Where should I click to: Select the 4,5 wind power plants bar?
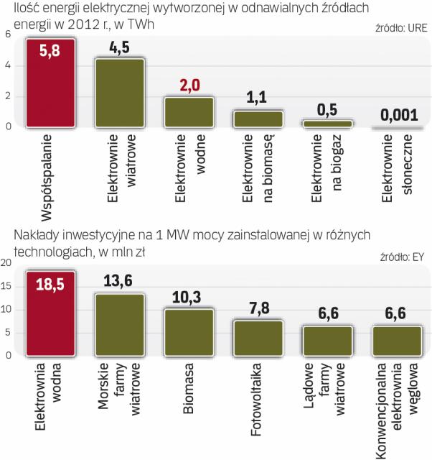pos(120,93)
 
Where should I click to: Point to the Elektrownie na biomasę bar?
pos(258,119)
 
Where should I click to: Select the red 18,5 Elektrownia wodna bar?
pos(51,313)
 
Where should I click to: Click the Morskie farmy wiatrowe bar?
pos(120,324)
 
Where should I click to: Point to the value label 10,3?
pos(188,297)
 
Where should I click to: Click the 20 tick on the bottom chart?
pos(7,264)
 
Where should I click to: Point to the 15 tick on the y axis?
pos(7,287)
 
